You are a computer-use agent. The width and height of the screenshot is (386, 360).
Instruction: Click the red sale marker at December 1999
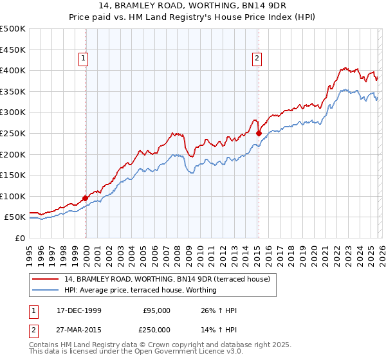tap(86, 199)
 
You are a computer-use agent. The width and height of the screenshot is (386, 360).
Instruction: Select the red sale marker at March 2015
tap(259, 134)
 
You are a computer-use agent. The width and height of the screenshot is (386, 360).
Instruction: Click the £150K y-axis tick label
tap(13, 175)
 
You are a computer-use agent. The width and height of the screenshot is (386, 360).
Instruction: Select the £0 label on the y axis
tap(19, 238)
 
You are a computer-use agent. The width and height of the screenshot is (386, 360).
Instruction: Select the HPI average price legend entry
tap(140, 290)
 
